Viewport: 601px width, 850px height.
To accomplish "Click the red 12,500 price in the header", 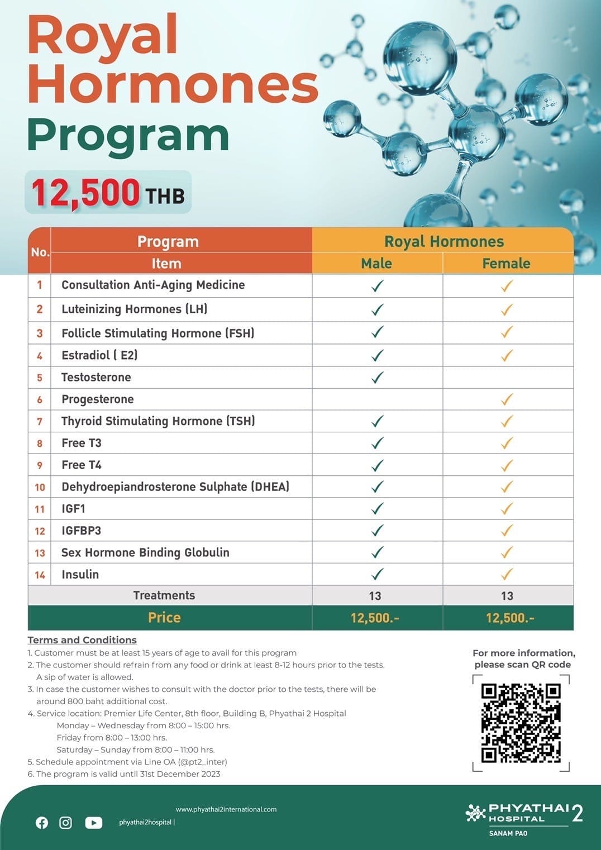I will click(x=85, y=192).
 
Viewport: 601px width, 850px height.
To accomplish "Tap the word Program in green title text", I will click(x=128, y=136).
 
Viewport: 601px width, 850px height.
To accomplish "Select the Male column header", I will click(x=376, y=263).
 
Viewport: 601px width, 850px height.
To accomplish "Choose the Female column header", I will click(x=506, y=263).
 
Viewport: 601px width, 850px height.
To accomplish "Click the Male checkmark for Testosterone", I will click(x=378, y=378).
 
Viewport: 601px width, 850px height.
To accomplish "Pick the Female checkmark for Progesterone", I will click(x=507, y=399).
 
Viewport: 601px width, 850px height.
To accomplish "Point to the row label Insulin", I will click(x=80, y=574).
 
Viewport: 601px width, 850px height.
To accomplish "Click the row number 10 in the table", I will click(x=40, y=487).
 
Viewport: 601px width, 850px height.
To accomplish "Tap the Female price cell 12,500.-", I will click(x=509, y=618).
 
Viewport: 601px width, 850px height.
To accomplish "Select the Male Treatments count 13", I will click(x=375, y=596).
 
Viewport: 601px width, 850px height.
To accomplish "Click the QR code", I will click(x=521, y=723).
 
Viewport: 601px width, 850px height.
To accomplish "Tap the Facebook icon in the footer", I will click(x=42, y=823).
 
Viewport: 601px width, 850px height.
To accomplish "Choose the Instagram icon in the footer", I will click(x=65, y=823).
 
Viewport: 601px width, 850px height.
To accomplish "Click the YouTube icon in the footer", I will click(x=93, y=823).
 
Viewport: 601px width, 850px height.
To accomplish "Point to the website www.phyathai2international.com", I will click(x=226, y=809).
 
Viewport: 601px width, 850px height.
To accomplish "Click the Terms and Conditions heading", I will click(x=82, y=640).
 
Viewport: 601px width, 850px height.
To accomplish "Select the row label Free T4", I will click(x=82, y=465).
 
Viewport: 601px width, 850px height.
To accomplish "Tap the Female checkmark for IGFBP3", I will click(x=507, y=531).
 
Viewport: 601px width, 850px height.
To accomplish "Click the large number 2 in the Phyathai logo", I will click(x=578, y=814).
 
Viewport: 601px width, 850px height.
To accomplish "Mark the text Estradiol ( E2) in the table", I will click(x=99, y=355).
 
